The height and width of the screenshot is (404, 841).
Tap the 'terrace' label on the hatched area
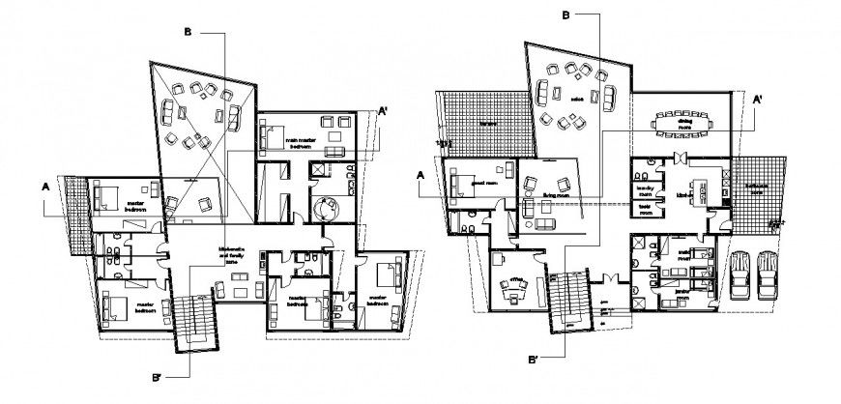pos(487,123)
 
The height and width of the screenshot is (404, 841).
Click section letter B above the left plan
pos(190,32)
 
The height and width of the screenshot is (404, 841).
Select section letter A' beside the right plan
pos(759,98)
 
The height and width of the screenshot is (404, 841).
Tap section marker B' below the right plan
pos(533,359)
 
